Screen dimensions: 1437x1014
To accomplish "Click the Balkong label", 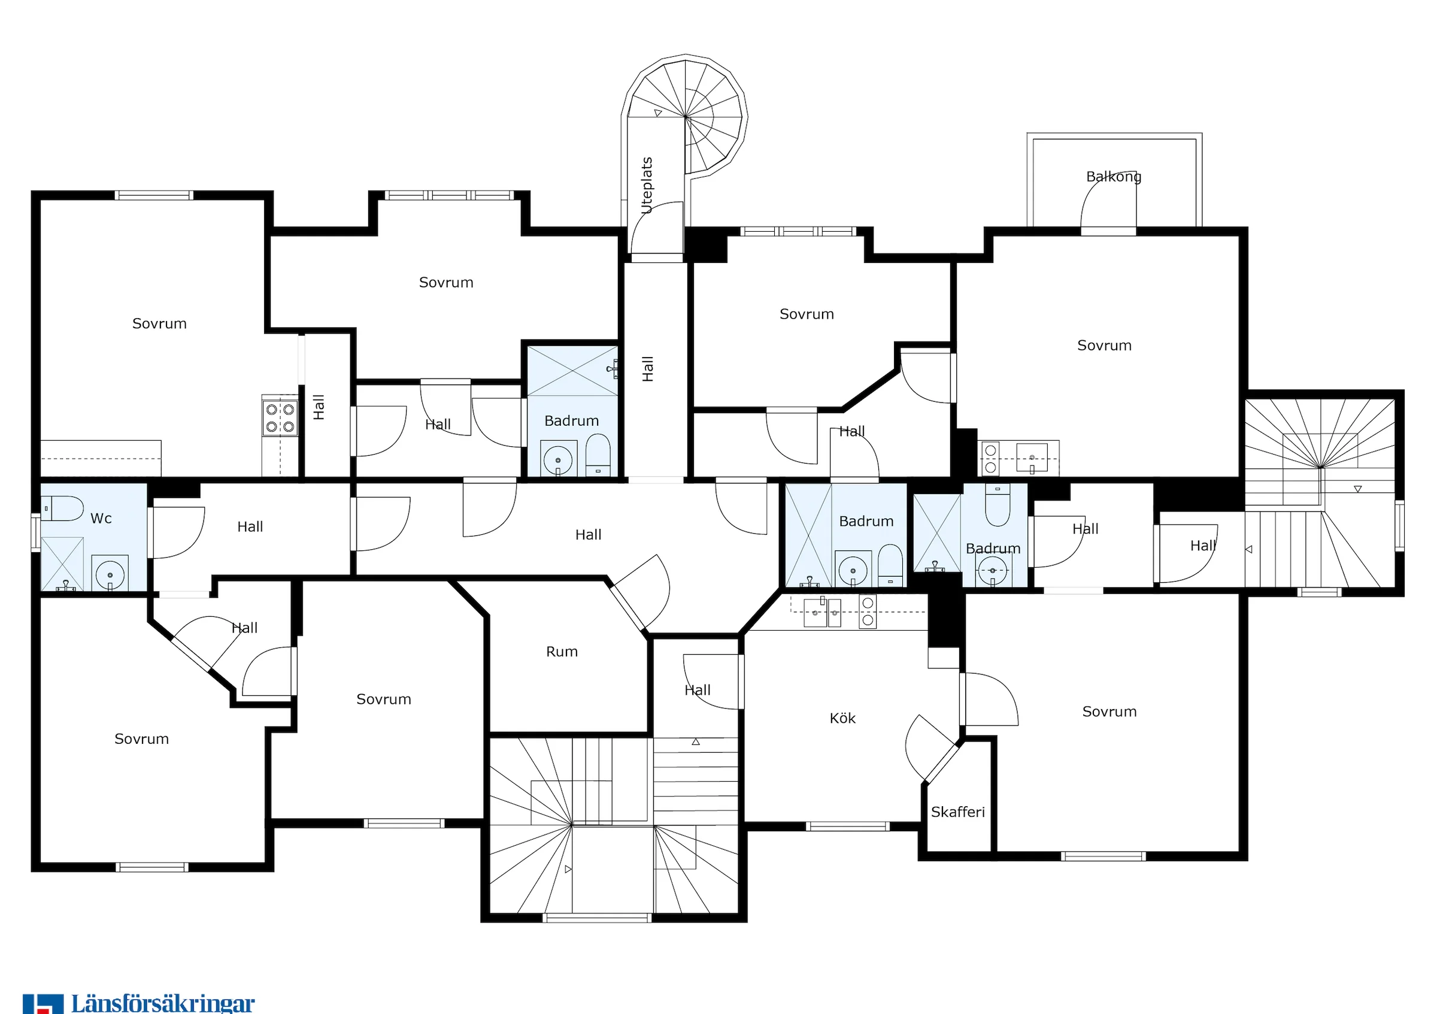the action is click(x=1114, y=177).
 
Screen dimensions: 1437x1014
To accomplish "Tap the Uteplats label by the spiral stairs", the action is click(x=647, y=185).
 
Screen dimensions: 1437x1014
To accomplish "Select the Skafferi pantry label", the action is click(x=957, y=812).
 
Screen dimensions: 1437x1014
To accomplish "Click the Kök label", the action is click(x=842, y=718).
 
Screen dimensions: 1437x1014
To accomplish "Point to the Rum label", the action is click(x=562, y=652).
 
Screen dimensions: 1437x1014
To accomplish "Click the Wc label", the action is click(x=101, y=518).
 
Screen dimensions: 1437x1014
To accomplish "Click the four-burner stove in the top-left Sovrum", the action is click(x=280, y=416).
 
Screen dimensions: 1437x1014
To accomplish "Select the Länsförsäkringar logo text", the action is click(x=163, y=1003).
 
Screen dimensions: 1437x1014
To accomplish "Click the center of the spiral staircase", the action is click(x=686, y=117).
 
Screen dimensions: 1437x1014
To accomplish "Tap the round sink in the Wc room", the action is click(x=110, y=573).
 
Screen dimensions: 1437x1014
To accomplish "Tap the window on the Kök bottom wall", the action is click(x=847, y=826).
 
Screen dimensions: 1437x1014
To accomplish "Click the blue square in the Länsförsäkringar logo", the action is click(x=43, y=1004).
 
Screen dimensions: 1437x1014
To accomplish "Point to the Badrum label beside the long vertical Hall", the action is click(x=571, y=420).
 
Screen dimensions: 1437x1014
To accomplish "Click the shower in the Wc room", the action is click(x=62, y=564).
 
